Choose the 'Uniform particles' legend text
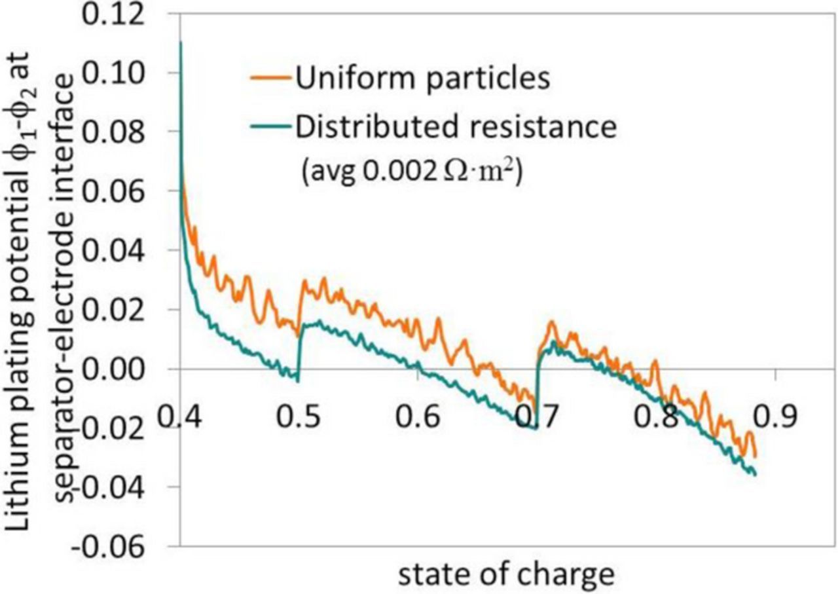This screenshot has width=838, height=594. [420, 79]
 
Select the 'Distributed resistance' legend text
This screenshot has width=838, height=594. [456, 128]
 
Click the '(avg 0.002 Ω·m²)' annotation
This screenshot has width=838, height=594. [410, 176]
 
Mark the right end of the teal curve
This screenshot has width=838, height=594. [756, 474]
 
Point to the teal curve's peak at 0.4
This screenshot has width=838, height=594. [180, 43]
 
